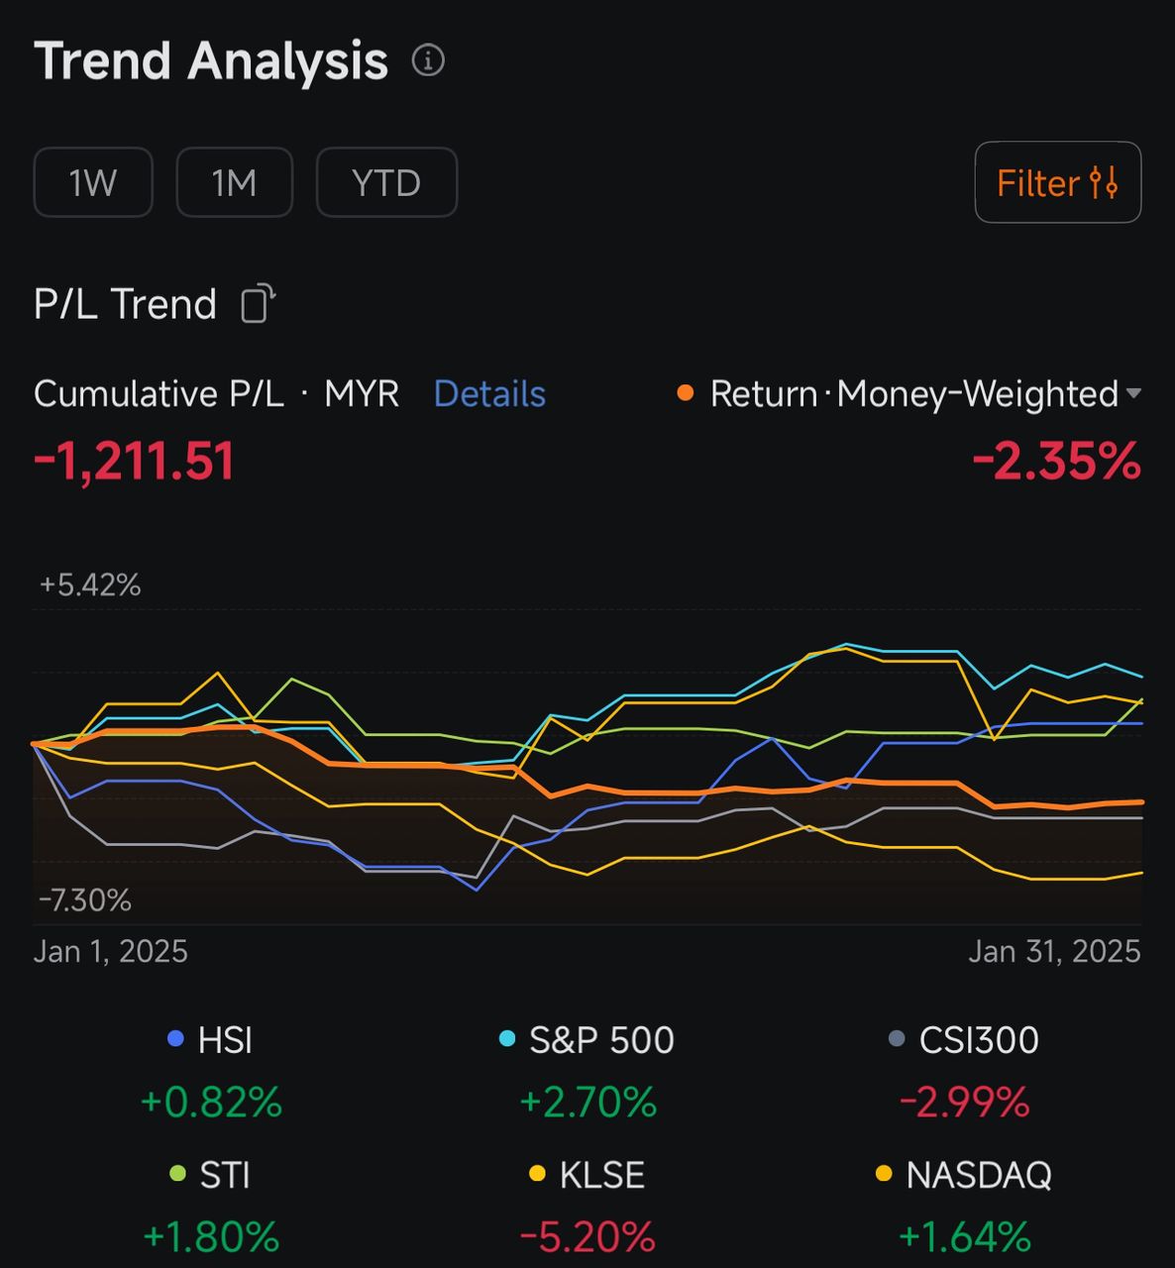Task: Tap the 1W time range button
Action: click(x=93, y=182)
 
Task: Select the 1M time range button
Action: click(x=234, y=182)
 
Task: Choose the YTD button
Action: click(x=386, y=182)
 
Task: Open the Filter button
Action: click(x=1057, y=183)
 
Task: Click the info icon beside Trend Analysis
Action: click(x=428, y=60)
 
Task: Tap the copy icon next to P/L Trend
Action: click(x=258, y=303)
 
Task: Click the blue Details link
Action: click(x=489, y=394)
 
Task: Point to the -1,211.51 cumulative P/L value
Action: click(x=135, y=462)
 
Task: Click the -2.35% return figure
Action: click(x=1056, y=462)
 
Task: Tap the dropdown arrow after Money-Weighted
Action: click(x=1134, y=393)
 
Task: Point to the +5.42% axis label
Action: click(x=90, y=584)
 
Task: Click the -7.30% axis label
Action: click(x=85, y=899)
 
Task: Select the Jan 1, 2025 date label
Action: click(x=111, y=951)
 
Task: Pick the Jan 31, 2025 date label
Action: click(x=1054, y=951)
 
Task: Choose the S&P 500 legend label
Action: click(x=601, y=1040)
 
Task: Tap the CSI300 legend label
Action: click(x=978, y=1040)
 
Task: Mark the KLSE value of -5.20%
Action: click(x=587, y=1236)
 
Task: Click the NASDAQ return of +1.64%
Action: click(x=964, y=1236)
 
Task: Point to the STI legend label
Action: click(x=224, y=1175)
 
